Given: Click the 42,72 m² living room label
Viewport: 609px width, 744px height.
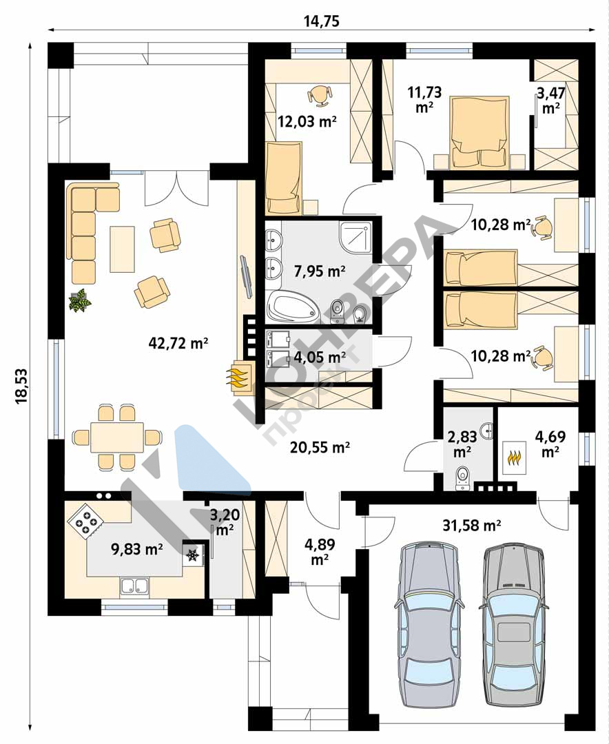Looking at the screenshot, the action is click(x=178, y=344).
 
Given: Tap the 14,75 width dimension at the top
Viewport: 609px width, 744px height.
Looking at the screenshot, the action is click(x=321, y=21).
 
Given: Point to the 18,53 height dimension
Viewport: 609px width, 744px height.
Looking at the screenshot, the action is click(x=22, y=386).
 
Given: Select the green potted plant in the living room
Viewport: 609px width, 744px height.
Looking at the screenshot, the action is click(x=80, y=301).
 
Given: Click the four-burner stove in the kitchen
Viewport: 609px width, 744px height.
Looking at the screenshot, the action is click(x=86, y=521).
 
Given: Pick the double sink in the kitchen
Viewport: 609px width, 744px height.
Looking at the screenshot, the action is click(x=134, y=586).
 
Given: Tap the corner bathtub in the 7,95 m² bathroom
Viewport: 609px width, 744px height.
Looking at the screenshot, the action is click(x=292, y=306).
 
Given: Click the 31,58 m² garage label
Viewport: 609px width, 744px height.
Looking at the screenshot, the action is click(x=472, y=525).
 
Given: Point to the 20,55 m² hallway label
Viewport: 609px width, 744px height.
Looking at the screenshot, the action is click(x=320, y=447).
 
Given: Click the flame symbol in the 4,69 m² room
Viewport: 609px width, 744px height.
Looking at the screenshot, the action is click(x=515, y=457).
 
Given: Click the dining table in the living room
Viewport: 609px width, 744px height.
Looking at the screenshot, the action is click(x=117, y=437).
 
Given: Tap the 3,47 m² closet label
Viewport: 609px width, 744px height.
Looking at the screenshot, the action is click(x=550, y=100).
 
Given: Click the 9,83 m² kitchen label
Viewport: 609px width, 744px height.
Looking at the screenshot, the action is click(x=136, y=549).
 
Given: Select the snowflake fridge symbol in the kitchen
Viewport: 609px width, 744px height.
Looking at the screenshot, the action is click(x=192, y=555).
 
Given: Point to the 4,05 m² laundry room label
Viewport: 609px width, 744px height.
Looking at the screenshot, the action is click(x=320, y=356).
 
